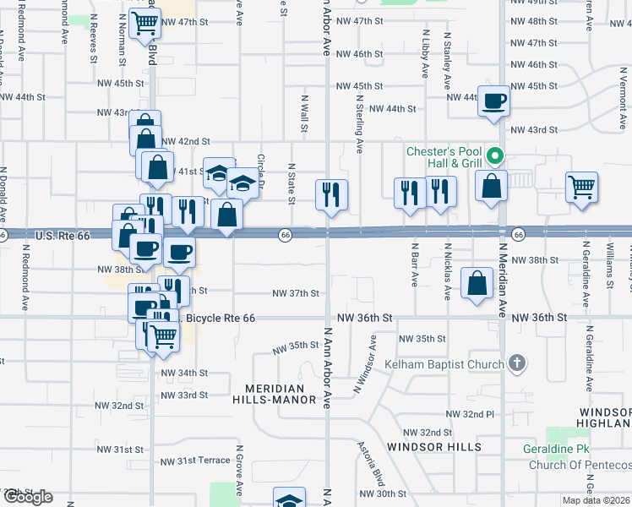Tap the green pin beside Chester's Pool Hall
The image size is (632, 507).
(496, 155)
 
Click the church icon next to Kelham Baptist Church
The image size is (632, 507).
(517, 364)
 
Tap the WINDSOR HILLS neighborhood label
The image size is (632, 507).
(433, 446)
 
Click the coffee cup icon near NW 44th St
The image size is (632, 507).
(493, 102)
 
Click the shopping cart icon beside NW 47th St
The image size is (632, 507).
(145, 25)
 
